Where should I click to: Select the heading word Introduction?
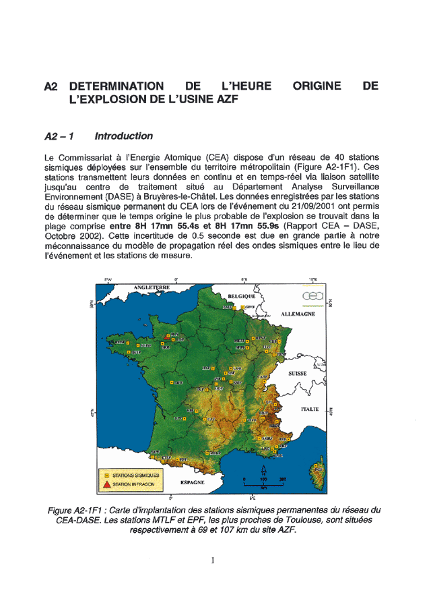pyautogui.click(x=123, y=136)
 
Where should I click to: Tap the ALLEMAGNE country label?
pyautogui.click(x=299, y=314)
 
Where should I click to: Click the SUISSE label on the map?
pyautogui.click(x=297, y=373)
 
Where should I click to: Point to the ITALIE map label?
pyautogui.click(x=309, y=409)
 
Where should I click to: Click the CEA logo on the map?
pyautogui.click(x=314, y=297)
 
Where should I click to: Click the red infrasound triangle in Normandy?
pyautogui.click(x=164, y=339)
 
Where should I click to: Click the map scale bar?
pyautogui.click(x=263, y=485)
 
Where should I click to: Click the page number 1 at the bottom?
pyautogui.click(x=213, y=560)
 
